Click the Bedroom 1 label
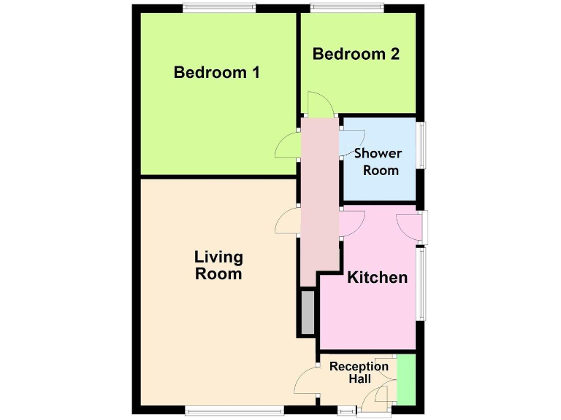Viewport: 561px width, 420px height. click(217, 72)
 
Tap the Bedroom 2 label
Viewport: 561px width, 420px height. click(356, 53)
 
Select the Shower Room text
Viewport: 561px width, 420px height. click(378, 161)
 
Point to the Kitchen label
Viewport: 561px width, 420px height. click(377, 277)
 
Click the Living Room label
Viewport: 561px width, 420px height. click(218, 265)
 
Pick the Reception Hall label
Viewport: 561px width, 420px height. click(359, 372)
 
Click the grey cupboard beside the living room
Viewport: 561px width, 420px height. click(308, 312)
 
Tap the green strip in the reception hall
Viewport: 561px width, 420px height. click(405, 380)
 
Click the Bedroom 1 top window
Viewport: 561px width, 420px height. click(219, 8)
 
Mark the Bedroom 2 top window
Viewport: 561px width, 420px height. click(347, 8)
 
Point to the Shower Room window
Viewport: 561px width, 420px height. click(421, 144)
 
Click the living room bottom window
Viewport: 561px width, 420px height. click(234, 411)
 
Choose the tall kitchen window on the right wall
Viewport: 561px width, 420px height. click(421, 283)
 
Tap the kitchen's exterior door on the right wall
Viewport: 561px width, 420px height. click(413, 226)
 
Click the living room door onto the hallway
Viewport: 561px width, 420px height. click(288, 220)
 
